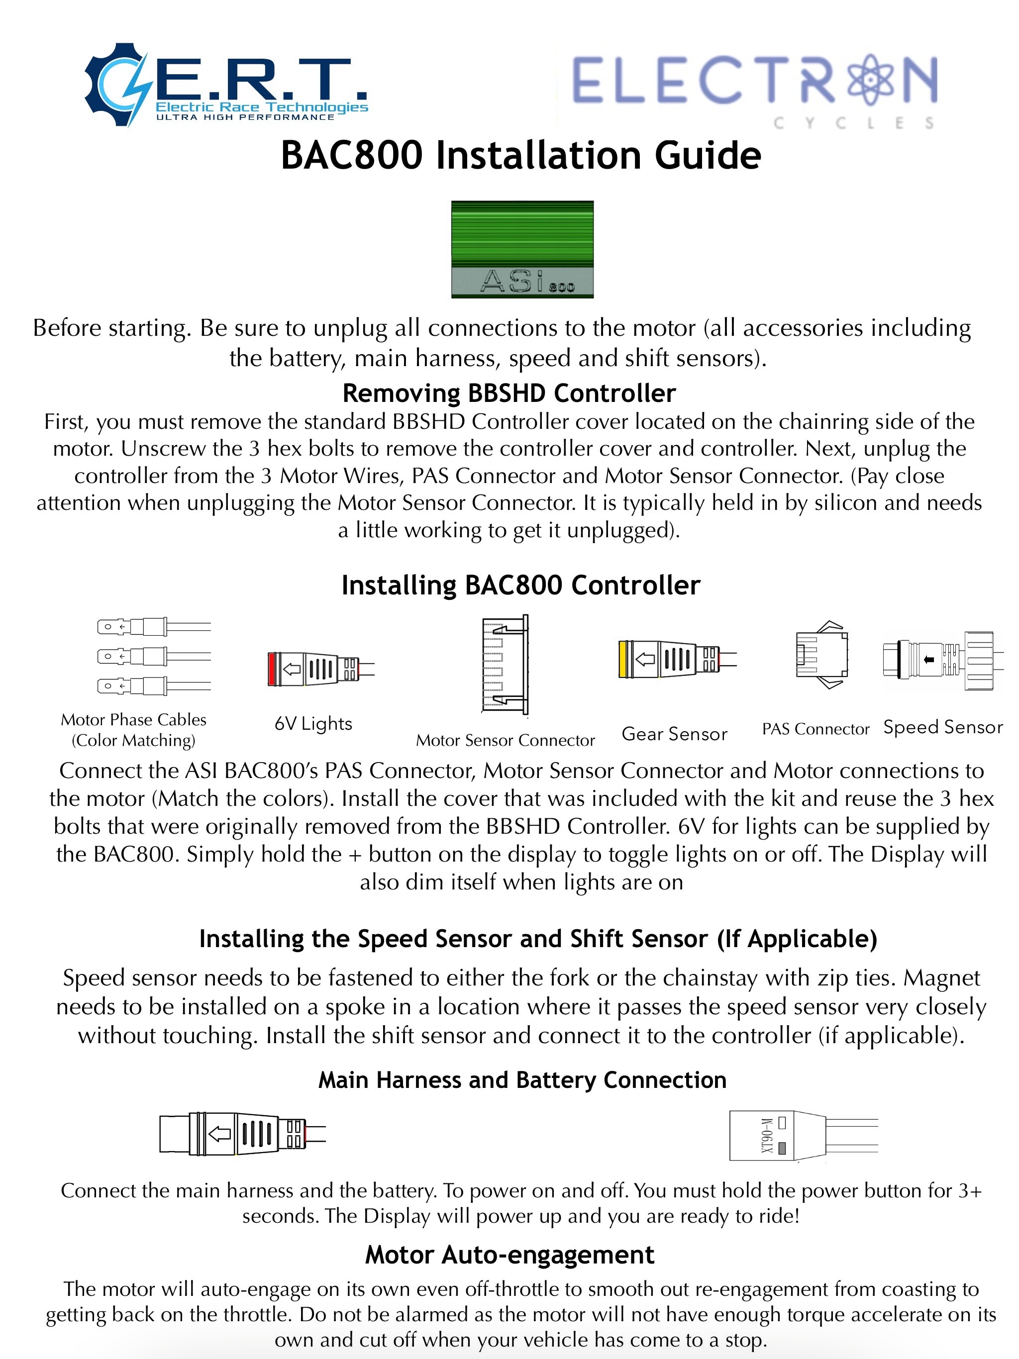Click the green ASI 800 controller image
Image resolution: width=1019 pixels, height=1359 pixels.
[x=522, y=249]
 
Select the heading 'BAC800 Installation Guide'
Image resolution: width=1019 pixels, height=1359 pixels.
[x=520, y=155]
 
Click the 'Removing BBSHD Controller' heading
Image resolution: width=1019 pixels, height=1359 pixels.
[x=509, y=392]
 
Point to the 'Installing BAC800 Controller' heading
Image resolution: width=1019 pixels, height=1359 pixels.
[x=520, y=585]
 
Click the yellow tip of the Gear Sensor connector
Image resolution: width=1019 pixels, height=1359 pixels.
[x=623, y=659]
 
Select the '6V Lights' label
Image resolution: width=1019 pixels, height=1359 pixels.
[x=313, y=723]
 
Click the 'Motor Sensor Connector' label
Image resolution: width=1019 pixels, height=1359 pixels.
[x=505, y=740]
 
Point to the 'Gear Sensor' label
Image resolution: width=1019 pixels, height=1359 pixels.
[x=674, y=734]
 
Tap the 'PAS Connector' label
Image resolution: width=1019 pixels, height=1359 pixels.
[x=815, y=729]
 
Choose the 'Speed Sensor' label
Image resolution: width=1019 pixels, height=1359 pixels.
[x=943, y=727]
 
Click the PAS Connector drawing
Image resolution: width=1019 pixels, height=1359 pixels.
[x=821, y=655]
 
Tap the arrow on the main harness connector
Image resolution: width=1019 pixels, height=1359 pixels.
[x=219, y=1134]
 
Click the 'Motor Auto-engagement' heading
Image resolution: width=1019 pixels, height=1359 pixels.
[x=509, y=1255]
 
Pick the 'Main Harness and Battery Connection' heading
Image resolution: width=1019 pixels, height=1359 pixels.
[x=522, y=1079]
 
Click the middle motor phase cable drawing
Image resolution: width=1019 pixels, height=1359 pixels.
[x=154, y=656]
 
